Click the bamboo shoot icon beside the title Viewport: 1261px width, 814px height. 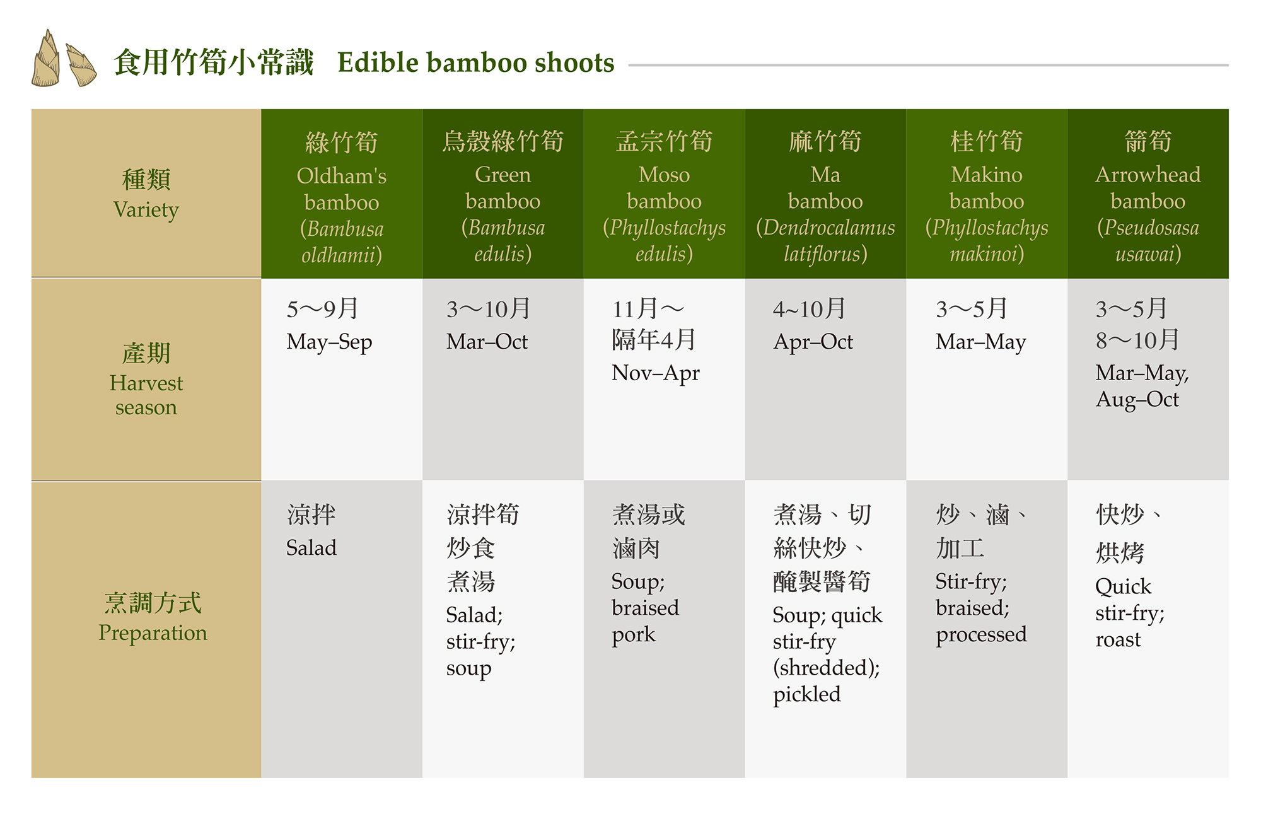pyautogui.click(x=64, y=59)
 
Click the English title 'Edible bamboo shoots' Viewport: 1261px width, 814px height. pyautogui.click(x=475, y=63)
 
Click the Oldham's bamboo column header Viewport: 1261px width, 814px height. pyautogui.click(x=342, y=197)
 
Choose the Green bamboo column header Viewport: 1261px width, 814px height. pyautogui.click(x=503, y=196)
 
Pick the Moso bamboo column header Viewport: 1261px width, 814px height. pyautogui.click(x=665, y=196)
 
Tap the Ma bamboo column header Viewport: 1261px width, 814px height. pyautogui.click(x=825, y=196)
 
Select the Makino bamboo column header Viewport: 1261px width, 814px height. pyautogui.click(x=987, y=196)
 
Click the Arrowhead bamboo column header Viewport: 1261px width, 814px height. pyautogui.click(x=1148, y=196)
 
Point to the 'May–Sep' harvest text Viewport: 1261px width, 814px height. pyautogui.click(x=329, y=342)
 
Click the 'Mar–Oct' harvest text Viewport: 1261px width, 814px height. pyautogui.click(x=487, y=342)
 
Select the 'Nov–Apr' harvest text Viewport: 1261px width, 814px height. pyautogui.click(x=656, y=374)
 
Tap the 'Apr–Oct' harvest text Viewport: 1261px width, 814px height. pyautogui.click(x=813, y=342)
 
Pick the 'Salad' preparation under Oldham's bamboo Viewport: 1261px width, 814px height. pyautogui.click(x=311, y=547)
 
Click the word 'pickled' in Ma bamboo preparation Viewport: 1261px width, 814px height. pyautogui.click(x=806, y=695)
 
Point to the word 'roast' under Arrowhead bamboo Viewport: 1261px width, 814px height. pyautogui.click(x=1118, y=640)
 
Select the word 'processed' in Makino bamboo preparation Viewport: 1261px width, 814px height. pyautogui.click(x=981, y=635)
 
